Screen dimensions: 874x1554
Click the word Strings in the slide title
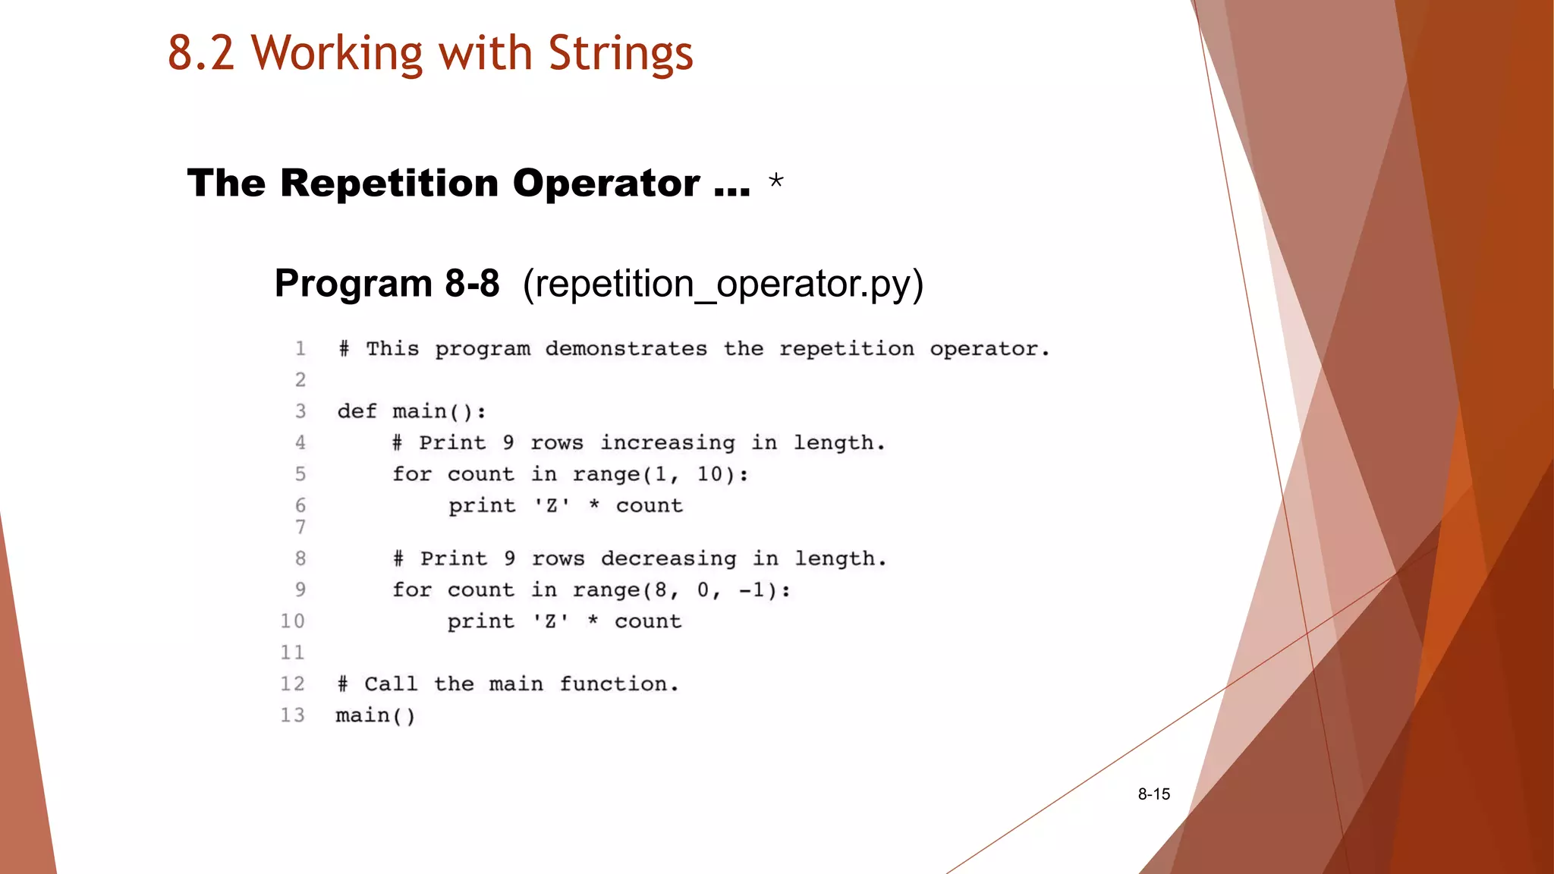tap(620, 54)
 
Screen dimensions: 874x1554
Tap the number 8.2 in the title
tap(201, 54)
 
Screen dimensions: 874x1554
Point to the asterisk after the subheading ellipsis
tap(775, 181)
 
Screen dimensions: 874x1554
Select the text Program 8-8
tap(387, 284)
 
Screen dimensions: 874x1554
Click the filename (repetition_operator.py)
tap(723, 284)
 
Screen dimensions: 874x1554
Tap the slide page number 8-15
tap(1153, 794)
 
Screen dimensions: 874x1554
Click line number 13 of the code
tap(292, 715)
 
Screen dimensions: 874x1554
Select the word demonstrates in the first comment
tap(626, 349)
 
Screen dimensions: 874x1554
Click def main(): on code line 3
tap(411, 412)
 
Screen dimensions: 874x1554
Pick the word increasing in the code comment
tap(668, 443)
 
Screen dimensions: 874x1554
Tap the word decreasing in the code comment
tap(668, 559)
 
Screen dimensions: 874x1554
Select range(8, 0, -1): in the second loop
tap(681, 590)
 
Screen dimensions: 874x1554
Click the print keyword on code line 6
tap(482, 506)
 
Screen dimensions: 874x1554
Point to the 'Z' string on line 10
tap(550, 621)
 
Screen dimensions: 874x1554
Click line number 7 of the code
tap(300, 527)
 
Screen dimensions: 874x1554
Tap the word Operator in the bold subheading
tap(606, 184)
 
